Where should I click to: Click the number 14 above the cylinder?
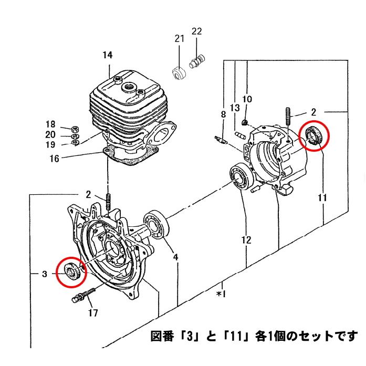coord(107,55)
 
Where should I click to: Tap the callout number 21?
coord(180,39)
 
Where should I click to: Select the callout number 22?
coord(196,32)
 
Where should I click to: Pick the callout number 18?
coord(50,124)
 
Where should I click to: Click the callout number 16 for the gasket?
coord(54,158)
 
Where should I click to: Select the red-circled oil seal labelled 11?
coord(314,137)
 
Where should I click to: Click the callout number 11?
coord(322,198)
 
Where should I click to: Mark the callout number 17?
coord(93,314)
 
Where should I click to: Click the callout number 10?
coord(247,99)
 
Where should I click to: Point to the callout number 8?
coord(223,114)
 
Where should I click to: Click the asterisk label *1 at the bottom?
coord(221,294)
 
